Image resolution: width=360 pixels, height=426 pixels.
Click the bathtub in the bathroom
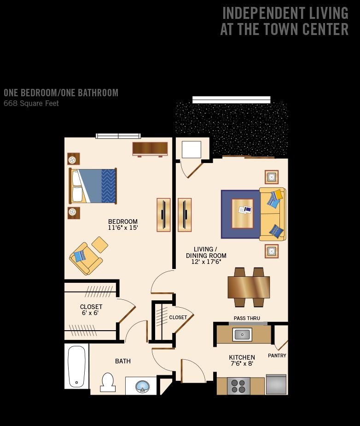[76, 366]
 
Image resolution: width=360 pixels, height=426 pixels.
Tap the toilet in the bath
[108, 382]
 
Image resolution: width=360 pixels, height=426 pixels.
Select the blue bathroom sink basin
[142, 386]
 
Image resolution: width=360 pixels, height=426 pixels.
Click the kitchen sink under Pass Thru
[242, 334]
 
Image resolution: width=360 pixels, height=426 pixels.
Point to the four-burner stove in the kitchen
[238, 386]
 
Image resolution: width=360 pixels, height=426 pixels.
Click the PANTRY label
[277, 356]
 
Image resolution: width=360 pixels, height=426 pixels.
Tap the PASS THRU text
[247, 318]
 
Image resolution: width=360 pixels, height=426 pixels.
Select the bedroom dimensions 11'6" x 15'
[123, 228]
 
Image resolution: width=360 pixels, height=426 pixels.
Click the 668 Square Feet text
[31, 103]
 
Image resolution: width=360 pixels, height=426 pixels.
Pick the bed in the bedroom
[93, 186]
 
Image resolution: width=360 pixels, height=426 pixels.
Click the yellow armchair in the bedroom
[86, 258]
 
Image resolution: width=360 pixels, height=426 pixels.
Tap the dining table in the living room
[249, 287]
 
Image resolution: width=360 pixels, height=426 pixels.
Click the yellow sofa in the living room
[273, 214]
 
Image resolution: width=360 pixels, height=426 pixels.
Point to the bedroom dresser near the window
[150, 149]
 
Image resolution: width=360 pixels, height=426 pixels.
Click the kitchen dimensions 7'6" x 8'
[242, 363]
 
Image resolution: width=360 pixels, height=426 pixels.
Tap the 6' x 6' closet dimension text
[90, 313]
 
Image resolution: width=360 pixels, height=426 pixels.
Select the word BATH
[123, 361]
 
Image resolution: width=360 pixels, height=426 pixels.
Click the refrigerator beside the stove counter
[276, 385]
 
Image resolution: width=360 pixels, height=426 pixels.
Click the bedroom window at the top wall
[118, 136]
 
